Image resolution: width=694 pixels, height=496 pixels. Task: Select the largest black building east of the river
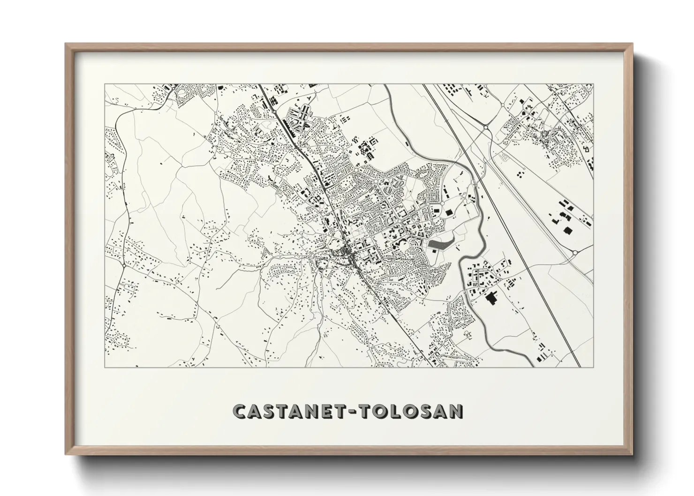tap(492, 298)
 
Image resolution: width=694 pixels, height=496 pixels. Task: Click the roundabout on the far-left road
tap(123, 266)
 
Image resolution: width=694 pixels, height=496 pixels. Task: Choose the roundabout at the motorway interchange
tap(486, 127)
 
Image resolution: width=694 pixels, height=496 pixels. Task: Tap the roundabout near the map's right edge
tap(575, 253)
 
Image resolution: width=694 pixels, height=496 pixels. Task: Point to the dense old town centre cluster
tap(348, 253)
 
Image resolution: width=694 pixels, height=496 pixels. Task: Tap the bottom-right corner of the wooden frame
tap(633, 454)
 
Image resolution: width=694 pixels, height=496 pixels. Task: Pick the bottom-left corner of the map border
tap(105, 367)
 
